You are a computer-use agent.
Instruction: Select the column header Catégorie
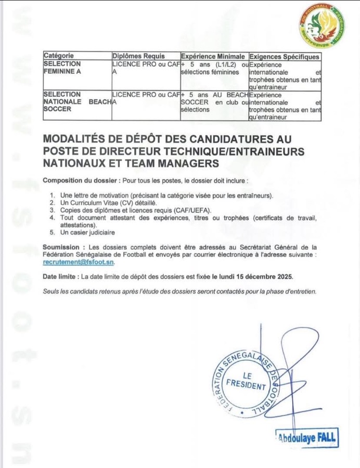[x=59, y=56]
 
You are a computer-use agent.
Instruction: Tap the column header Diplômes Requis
[x=139, y=56]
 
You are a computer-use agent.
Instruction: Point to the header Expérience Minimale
[x=212, y=56]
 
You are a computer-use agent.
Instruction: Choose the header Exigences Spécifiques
[x=284, y=56]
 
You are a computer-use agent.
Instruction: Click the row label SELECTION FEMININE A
[x=62, y=68]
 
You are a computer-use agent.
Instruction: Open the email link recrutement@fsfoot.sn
[x=78, y=263]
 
